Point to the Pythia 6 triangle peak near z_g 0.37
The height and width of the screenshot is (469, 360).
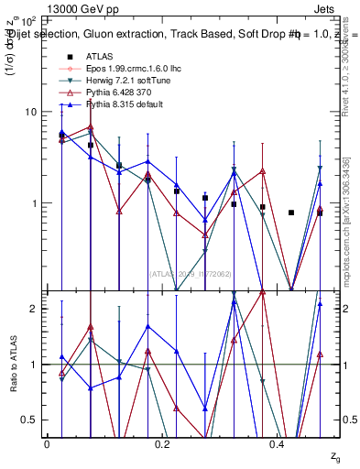click(x=262, y=171)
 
